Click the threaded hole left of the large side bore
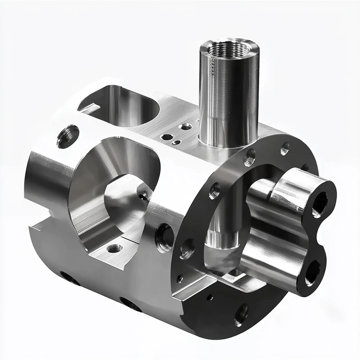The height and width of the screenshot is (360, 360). [x=67, y=136]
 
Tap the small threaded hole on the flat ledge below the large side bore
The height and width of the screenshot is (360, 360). [x=114, y=248]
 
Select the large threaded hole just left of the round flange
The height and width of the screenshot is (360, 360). [x=164, y=237]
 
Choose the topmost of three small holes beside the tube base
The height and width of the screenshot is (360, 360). [x=185, y=127]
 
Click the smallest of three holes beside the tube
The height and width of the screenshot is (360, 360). [x=177, y=143]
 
